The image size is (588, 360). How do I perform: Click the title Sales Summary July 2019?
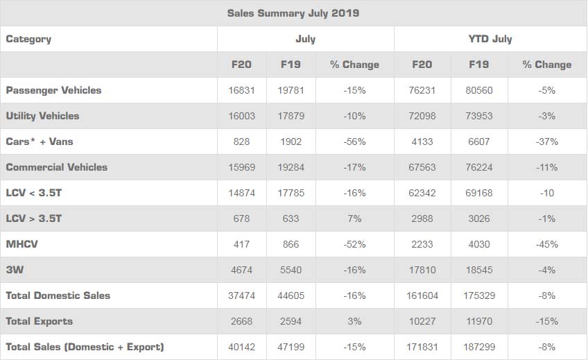click(293, 13)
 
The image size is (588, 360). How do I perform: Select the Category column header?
click(28, 39)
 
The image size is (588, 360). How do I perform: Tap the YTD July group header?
click(490, 39)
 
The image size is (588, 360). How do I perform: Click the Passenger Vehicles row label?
click(53, 90)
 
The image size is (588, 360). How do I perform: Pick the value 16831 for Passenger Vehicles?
click(241, 90)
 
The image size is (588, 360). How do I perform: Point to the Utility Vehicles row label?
click(42, 116)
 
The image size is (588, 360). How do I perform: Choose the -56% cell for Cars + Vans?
click(354, 142)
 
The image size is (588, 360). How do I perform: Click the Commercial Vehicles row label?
click(56, 167)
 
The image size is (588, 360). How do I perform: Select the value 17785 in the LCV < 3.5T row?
click(291, 193)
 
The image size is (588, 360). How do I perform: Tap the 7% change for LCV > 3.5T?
click(354, 218)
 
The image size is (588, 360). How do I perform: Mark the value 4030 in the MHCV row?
click(478, 244)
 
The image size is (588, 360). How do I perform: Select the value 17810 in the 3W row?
click(422, 270)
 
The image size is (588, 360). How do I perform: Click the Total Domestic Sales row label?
click(58, 295)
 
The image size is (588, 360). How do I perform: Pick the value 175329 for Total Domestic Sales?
click(478, 295)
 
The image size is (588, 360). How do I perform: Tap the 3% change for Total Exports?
click(354, 321)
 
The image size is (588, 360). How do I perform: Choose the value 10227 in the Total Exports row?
click(422, 321)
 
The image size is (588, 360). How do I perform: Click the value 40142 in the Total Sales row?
click(241, 347)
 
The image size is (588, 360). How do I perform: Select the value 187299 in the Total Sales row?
click(478, 347)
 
